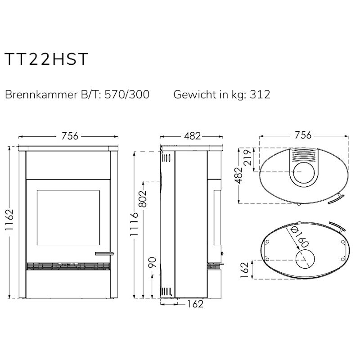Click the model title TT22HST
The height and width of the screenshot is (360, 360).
pos(46,59)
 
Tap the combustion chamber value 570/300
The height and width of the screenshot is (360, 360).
pos(127,94)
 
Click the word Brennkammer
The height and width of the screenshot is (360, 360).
pos(41,94)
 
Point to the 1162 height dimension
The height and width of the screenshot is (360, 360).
pos(9,220)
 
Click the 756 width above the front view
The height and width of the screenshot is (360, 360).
pos(70,136)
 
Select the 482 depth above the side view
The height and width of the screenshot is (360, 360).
pos(193,136)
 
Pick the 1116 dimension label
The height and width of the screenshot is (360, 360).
pos(134,224)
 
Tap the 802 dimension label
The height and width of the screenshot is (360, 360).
pos(143,199)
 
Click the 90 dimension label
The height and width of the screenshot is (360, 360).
pos(153,262)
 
